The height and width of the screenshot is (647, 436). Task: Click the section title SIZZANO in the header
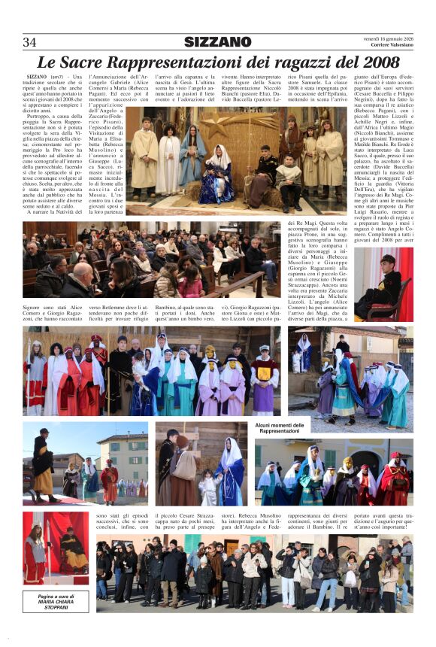click(x=218, y=42)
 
